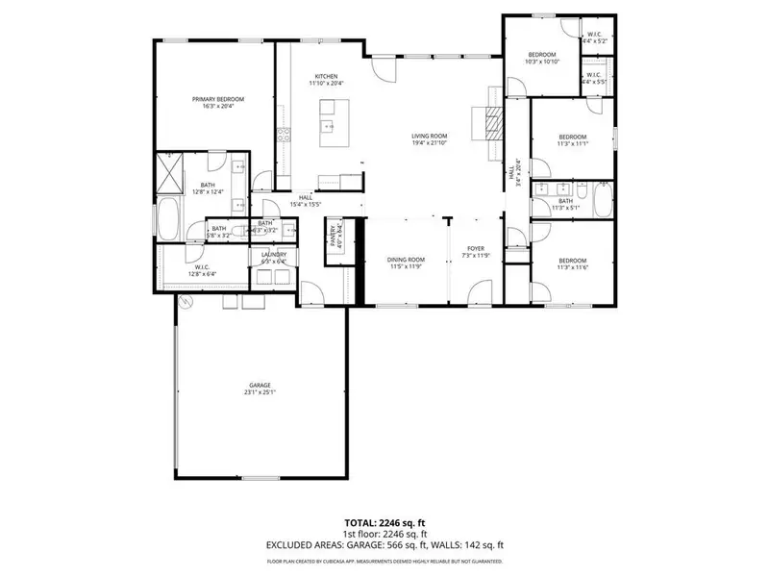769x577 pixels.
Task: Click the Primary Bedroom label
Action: pos(218,99)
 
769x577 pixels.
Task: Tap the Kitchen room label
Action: pos(327,77)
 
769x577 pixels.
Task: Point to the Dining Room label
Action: pos(406,260)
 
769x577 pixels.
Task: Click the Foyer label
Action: pos(476,249)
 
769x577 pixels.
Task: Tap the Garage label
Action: pos(260,385)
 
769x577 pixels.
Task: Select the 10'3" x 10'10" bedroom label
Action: pos(541,55)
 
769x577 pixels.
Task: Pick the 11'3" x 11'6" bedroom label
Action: pos(573,261)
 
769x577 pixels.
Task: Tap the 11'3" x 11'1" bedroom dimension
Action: pos(573,144)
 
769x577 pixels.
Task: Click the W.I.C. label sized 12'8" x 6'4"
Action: pos(202,266)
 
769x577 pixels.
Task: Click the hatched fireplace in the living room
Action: pos(491,123)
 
